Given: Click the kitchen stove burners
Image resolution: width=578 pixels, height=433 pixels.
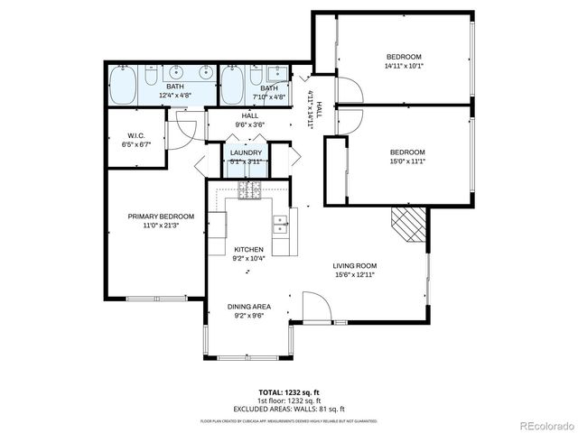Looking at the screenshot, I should (x=249, y=189).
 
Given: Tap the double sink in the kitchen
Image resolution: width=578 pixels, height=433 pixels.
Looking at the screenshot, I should (x=281, y=223).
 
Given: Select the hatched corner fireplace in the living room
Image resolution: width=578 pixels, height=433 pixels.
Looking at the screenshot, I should (x=407, y=222).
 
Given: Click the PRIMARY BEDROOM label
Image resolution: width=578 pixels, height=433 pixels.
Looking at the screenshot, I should (x=161, y=216).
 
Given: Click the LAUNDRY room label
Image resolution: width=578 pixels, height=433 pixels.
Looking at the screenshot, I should (x=246, y=152).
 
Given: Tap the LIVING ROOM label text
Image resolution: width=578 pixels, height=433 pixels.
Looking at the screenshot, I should (x=355, y=265).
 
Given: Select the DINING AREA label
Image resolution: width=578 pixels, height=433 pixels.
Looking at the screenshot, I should (x=248, y=307).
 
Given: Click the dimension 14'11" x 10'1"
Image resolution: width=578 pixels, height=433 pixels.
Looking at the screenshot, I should (x=405, y=65).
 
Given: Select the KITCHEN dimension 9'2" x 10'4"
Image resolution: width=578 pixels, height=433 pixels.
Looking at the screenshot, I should (x=248, y=259).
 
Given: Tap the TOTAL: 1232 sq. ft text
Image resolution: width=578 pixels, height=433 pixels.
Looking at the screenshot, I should (x=289, y=394).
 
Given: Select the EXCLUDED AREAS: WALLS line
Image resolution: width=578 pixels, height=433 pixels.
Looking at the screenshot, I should (x=289, y=410).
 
